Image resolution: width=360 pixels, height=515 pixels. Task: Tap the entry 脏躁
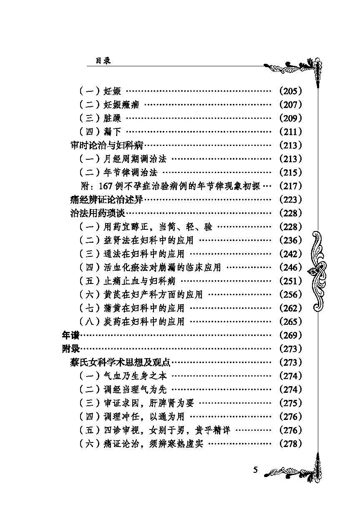pos(113,118)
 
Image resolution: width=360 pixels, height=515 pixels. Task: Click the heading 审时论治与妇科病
pos(107,146)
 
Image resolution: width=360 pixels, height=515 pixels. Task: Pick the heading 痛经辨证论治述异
pos(107,200)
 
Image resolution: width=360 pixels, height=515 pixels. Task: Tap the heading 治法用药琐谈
pos(98,213)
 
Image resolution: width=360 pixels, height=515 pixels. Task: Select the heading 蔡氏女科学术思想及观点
pos(121,362)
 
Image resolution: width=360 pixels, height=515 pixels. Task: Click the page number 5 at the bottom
pos(255,470)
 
